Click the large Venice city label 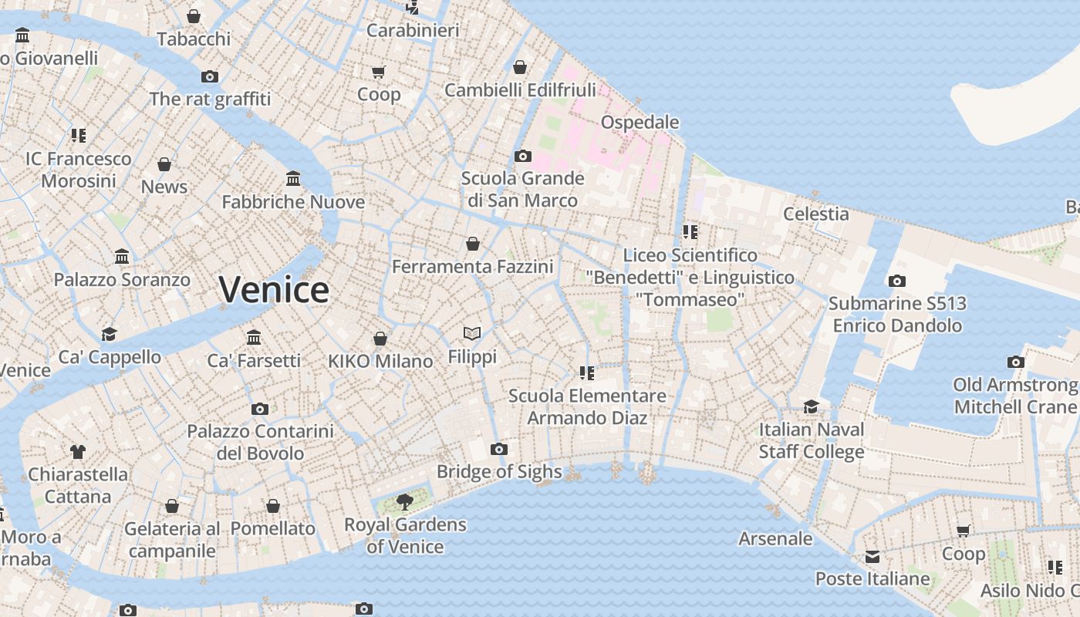(x=274, y=290)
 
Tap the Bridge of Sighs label (x=499, y=471)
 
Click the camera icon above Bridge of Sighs (x=499, y=449)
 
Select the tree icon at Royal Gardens (x=404, y=502)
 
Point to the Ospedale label (x=640, y=122)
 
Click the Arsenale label (x=775, y=538)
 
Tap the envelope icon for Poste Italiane (x=872, y=557)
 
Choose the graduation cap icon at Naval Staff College (x=811, y=406)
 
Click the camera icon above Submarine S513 (x=897, y=282)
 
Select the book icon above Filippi (x=472, y=333)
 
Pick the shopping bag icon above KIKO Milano (x=380, y=339)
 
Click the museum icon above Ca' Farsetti (x=254, y=338)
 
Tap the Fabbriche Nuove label (x=293, y=202)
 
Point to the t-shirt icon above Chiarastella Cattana (x=78, y=451)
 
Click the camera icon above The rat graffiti (x=210, y=76)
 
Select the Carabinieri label (x=413, y=30)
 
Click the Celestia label (x=816, y=214)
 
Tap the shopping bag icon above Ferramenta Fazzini (x=473, y=244)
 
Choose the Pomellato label (x=273, y=528)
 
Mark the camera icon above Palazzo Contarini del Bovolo (x=260, y=409)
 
